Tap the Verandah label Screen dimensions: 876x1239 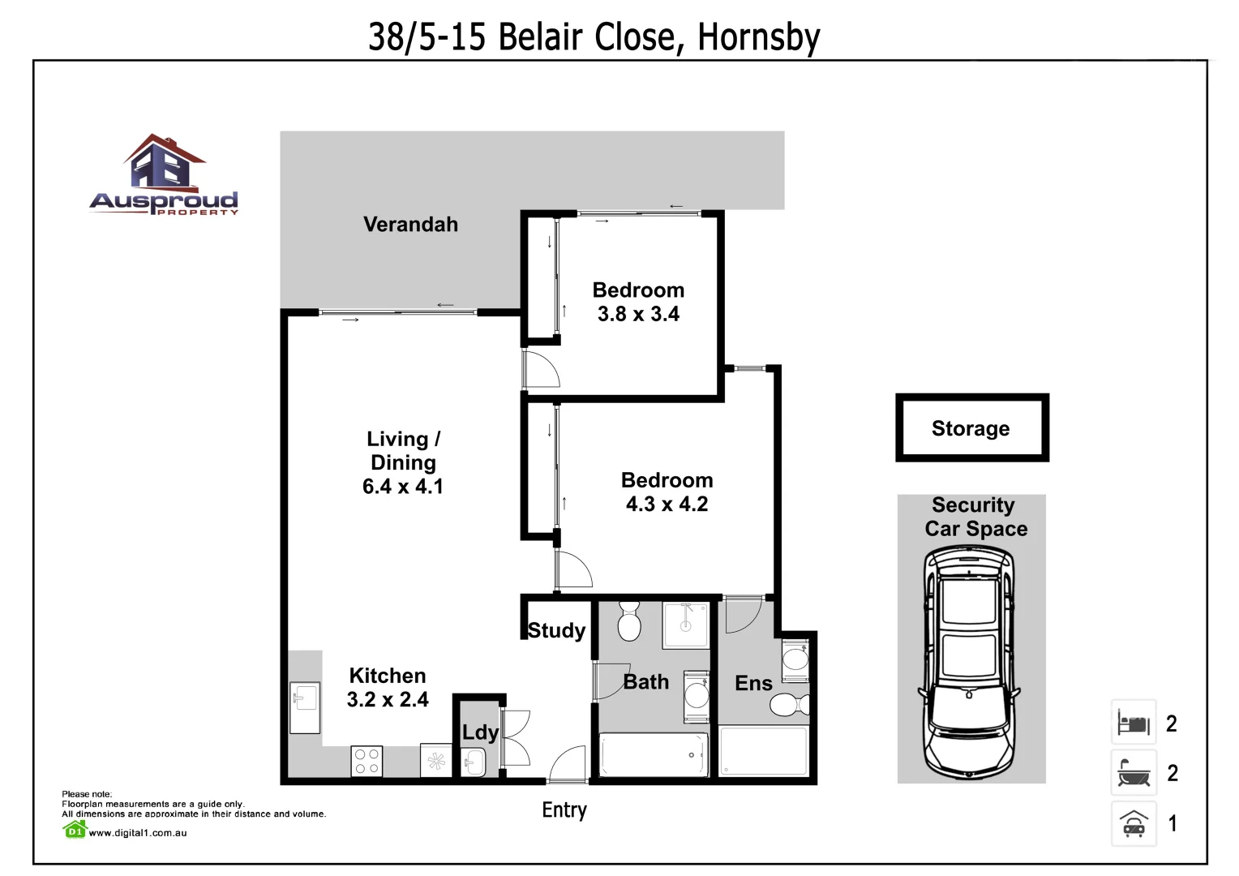click(x=410, y=225)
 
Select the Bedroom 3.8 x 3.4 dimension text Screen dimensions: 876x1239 click(x=638, y=314)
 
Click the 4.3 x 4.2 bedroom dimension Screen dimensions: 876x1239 click(x=667, y=504)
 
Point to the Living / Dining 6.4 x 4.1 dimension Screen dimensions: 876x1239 click(x=402, y=487)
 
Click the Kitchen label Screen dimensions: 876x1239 click(x=387, y=676)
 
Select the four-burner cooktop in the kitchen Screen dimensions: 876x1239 click(x=367, y=762)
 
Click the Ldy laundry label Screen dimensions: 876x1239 click(x=480, y=732)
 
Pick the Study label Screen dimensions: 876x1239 click(x=556, y=630)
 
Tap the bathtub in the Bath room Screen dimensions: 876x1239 click(x=653, y=755)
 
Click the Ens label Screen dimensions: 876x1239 click(x=753, y=684)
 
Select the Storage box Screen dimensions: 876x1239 click(x=971, y=428)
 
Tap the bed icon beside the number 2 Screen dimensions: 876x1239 click(x=1134, y=722)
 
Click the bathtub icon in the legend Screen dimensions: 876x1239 click(x=1134, y=773)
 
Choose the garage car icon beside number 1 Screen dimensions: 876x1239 click(x=1134, y=824)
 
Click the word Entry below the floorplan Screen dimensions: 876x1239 click(x=564, y=809)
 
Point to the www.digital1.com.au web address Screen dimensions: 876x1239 click(x=137, y=832)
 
